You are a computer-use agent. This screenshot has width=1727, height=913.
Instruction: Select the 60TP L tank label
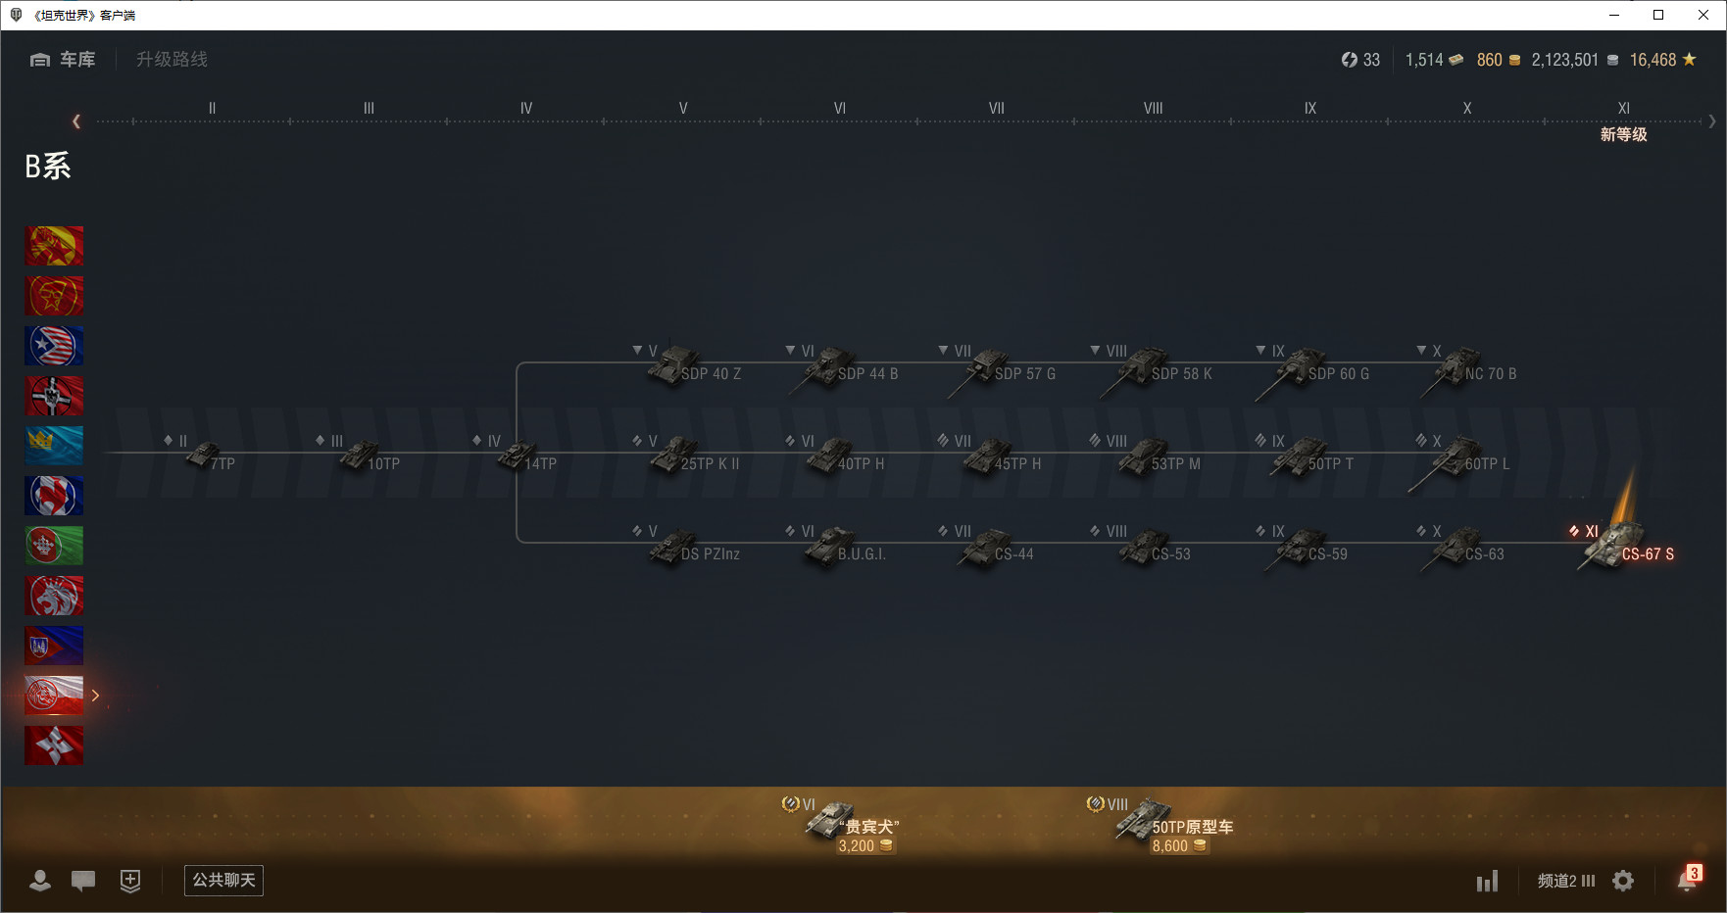[1487, 464]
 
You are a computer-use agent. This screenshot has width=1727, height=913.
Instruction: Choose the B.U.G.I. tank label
[862, 554]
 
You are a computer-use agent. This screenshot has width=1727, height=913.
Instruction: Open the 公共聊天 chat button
[223, 880]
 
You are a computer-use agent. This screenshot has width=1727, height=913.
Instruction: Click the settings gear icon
[1623, 881]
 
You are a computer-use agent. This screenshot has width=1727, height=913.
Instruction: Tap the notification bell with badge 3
[1687, 880]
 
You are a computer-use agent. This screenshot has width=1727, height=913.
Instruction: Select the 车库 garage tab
[64, 60]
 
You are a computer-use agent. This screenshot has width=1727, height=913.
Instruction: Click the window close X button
[1703, 15]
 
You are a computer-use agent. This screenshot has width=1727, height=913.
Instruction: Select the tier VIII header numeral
[1153, 109]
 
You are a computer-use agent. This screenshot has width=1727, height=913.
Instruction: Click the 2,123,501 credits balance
[1565, 60]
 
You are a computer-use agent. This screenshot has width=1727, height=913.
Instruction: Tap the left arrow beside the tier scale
[76, 121]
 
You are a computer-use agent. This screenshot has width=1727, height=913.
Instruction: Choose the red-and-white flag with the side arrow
[54, 695]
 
